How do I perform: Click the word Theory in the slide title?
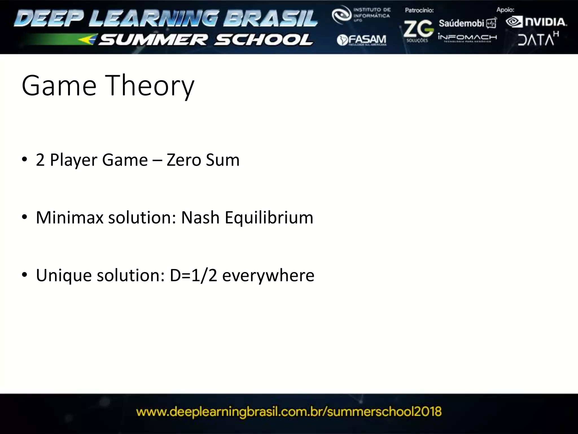coord(150,86)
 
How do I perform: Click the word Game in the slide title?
coord(59,86)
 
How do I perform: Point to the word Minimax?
coord(69,218)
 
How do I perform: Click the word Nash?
coord(200,218)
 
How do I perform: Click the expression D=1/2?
coord(193,275)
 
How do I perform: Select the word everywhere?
coord(268,275)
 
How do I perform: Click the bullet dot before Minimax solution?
coord(25,217)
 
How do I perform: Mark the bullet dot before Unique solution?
coord(25,275)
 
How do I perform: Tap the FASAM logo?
coord(362,40)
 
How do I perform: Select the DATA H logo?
coord(538,39)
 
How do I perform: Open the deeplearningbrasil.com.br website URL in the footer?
coord(289,412)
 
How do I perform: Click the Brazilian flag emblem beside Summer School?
coord(88,39)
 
